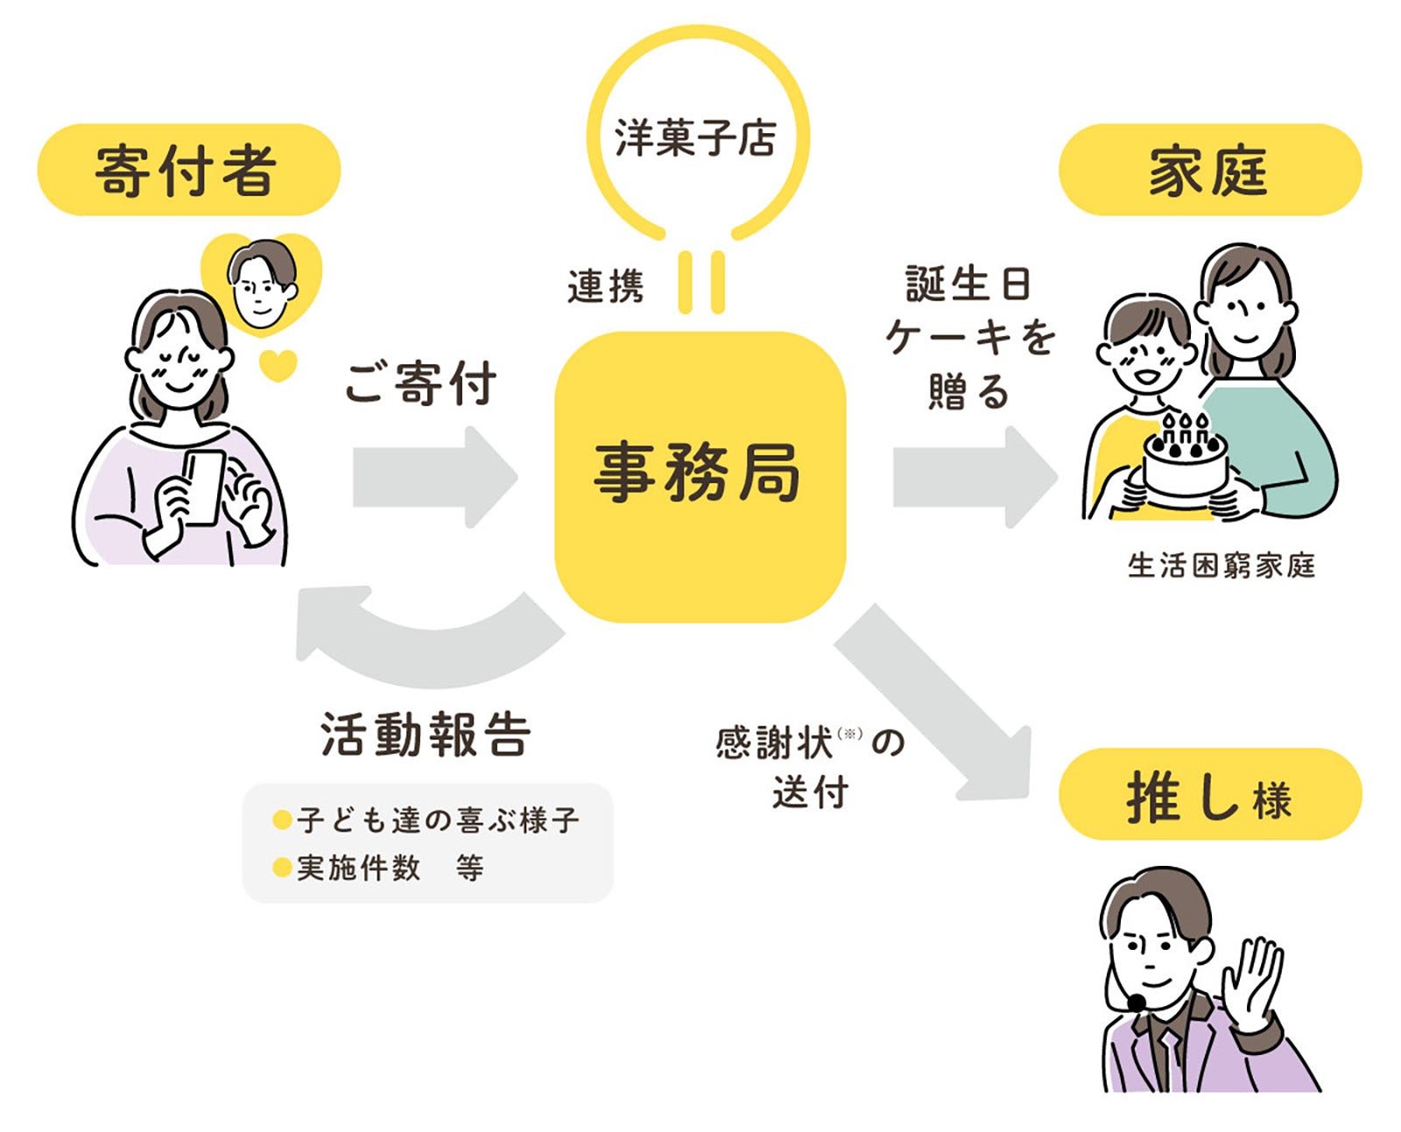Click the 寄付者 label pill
click(x=188, y=170)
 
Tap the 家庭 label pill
click(x=1209, y=170)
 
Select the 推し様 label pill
click(x=1209, y=795)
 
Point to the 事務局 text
click(x=698, y=473)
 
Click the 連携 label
click(x=605, y=286)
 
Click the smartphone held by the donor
click(x=204, y=487)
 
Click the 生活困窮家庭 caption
click(x=1221, y=566)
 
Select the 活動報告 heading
click(x=426, y=734)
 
